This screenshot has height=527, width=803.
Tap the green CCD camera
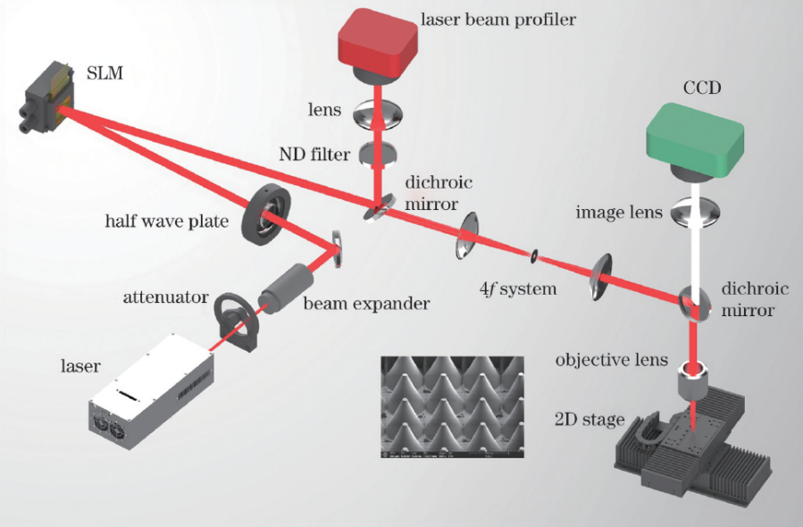[696, 135]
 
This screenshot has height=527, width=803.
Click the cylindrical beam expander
[285, 287]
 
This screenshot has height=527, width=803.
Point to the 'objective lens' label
[611, 361]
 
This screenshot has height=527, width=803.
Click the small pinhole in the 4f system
[533, 257]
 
